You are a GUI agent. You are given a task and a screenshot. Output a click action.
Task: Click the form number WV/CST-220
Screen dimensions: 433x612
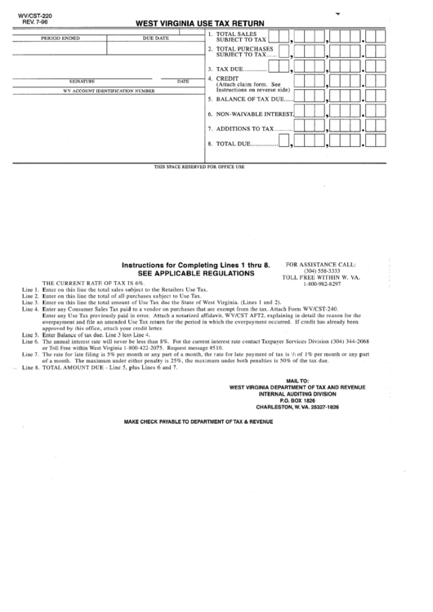25,15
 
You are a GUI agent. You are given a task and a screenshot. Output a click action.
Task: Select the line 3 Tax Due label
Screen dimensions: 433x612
230,69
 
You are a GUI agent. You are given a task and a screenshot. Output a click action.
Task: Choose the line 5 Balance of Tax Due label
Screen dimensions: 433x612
249,98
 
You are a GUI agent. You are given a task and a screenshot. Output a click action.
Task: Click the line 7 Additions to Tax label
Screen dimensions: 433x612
244,128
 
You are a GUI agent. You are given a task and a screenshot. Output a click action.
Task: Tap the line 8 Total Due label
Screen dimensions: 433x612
233,144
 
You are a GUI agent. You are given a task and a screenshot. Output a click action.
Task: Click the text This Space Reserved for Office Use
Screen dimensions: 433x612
199,167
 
